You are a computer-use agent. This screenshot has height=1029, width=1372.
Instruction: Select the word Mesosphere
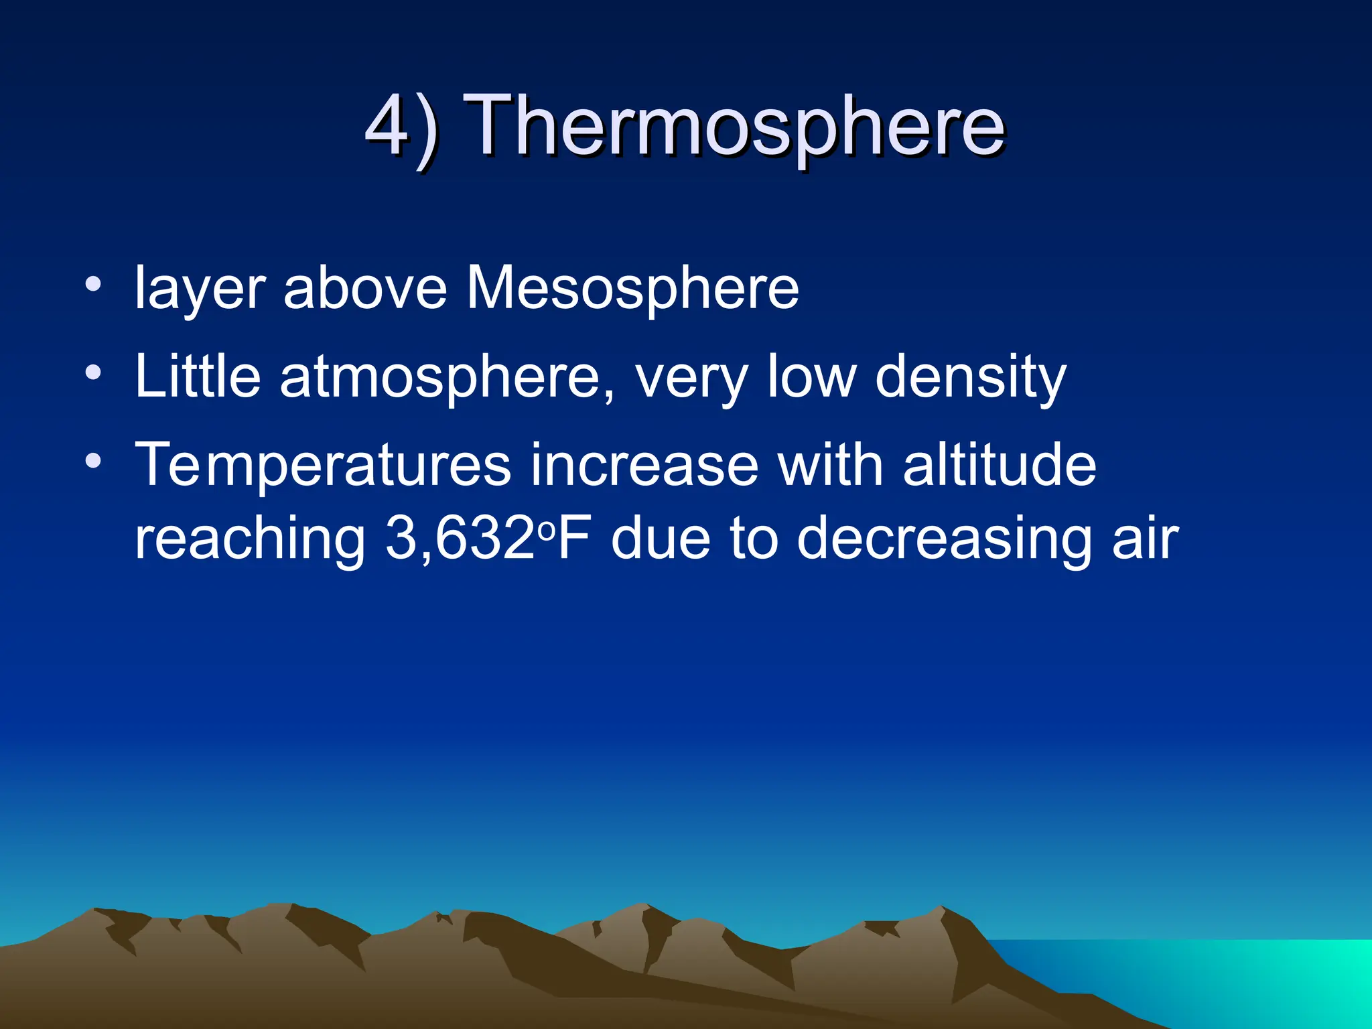(632, 288)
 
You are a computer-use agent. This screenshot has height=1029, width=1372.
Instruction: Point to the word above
(365, 288)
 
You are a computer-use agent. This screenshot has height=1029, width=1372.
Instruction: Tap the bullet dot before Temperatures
(93, 460)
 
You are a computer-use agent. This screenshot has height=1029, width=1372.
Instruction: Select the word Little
(198, 376)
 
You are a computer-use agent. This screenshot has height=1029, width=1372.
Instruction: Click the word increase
(644, 466)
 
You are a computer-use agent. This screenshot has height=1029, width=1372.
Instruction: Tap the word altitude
(999, 465)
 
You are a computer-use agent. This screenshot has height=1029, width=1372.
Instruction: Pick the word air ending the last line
(1145, 539)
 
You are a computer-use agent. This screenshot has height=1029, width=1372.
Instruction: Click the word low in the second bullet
(811, 377)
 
